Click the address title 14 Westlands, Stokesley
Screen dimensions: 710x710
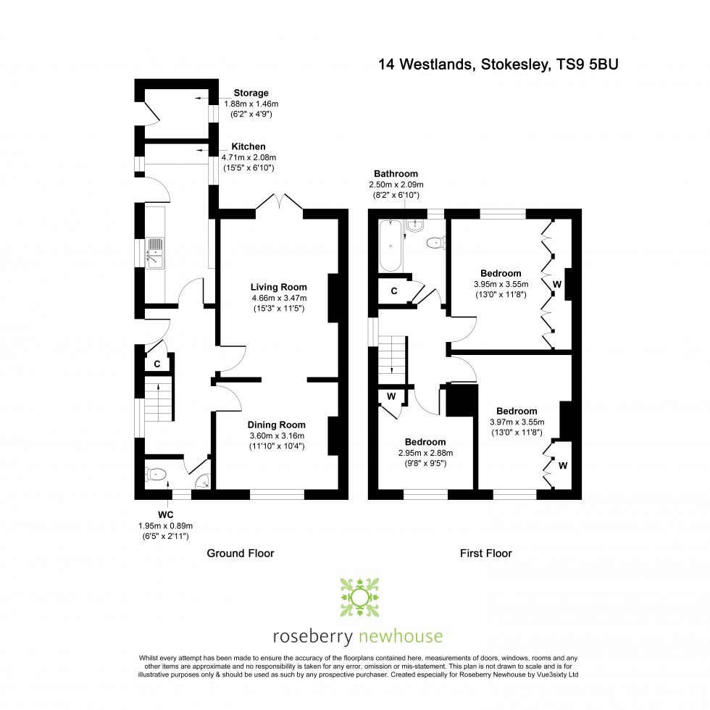[x=498, y=64]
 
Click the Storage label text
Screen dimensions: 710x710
[x=251, y=93]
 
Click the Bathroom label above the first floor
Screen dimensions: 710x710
[x=396, y=174]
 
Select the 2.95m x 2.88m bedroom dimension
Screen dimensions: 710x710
[x=425, y=453]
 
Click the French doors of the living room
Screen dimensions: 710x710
[x=279, y=204]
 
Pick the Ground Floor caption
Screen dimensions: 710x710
[x=241, y=554]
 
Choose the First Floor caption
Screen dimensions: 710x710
[x=486, y=554]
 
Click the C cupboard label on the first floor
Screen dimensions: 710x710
[x=393, y=291]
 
